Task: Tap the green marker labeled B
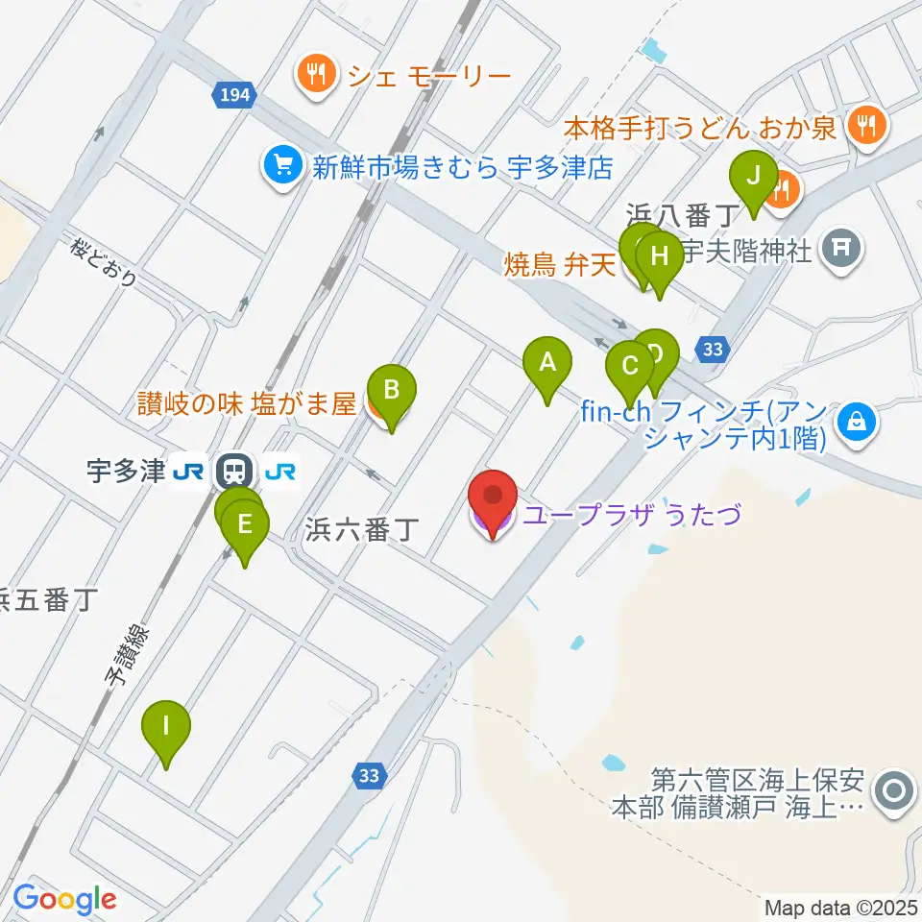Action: [x=391, y=390]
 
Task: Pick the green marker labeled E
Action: [x=245, y=524]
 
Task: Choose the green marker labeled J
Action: [x=753, y=176]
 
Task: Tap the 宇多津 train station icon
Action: [x=231, y=471]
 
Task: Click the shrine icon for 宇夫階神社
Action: [x=841, y=252]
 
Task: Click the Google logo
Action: [x=65, y=899]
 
